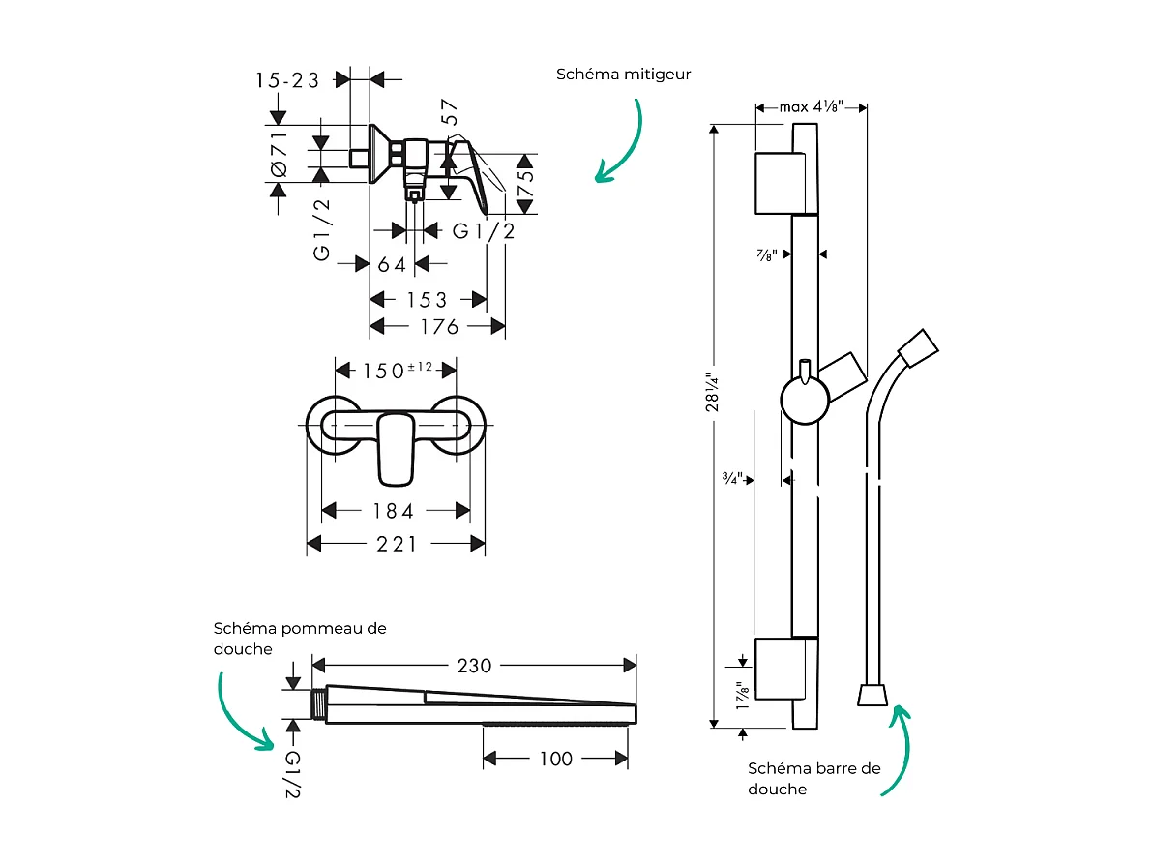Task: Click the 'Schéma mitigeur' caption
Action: click(x=624, y=75)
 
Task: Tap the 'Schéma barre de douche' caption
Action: click(x=814, y=778)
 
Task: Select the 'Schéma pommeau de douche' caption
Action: click(x=300, y=639)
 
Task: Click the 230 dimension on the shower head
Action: click(x=474, y=666)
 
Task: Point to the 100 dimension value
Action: click(x=555, y=759)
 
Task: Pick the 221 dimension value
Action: click(x=398, y=544)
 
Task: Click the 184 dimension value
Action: click(x=395, y=510)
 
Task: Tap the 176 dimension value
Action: click(x=439, y=327)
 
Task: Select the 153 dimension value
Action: click(x=427, y=300)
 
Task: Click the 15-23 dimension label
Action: click(x=288, y=80)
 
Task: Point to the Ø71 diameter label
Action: click(x=280, y=154)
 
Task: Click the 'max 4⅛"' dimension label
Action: click(x=812, y=106)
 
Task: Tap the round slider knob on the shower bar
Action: click(x=804, y=401)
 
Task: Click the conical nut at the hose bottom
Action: click(x=872, y=695)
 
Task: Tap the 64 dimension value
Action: click(x=392, y=264)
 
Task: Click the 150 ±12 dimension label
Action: click(x=397, y=370)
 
